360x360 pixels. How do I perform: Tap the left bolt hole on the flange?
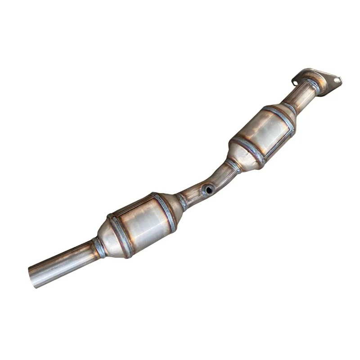click(295, 82)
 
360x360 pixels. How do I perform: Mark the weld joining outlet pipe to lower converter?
click(99, 248)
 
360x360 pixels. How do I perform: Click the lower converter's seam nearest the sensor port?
click(165, 211)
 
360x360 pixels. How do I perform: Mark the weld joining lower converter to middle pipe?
click(182, 201)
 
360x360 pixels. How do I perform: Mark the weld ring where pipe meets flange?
click(312, 85)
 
